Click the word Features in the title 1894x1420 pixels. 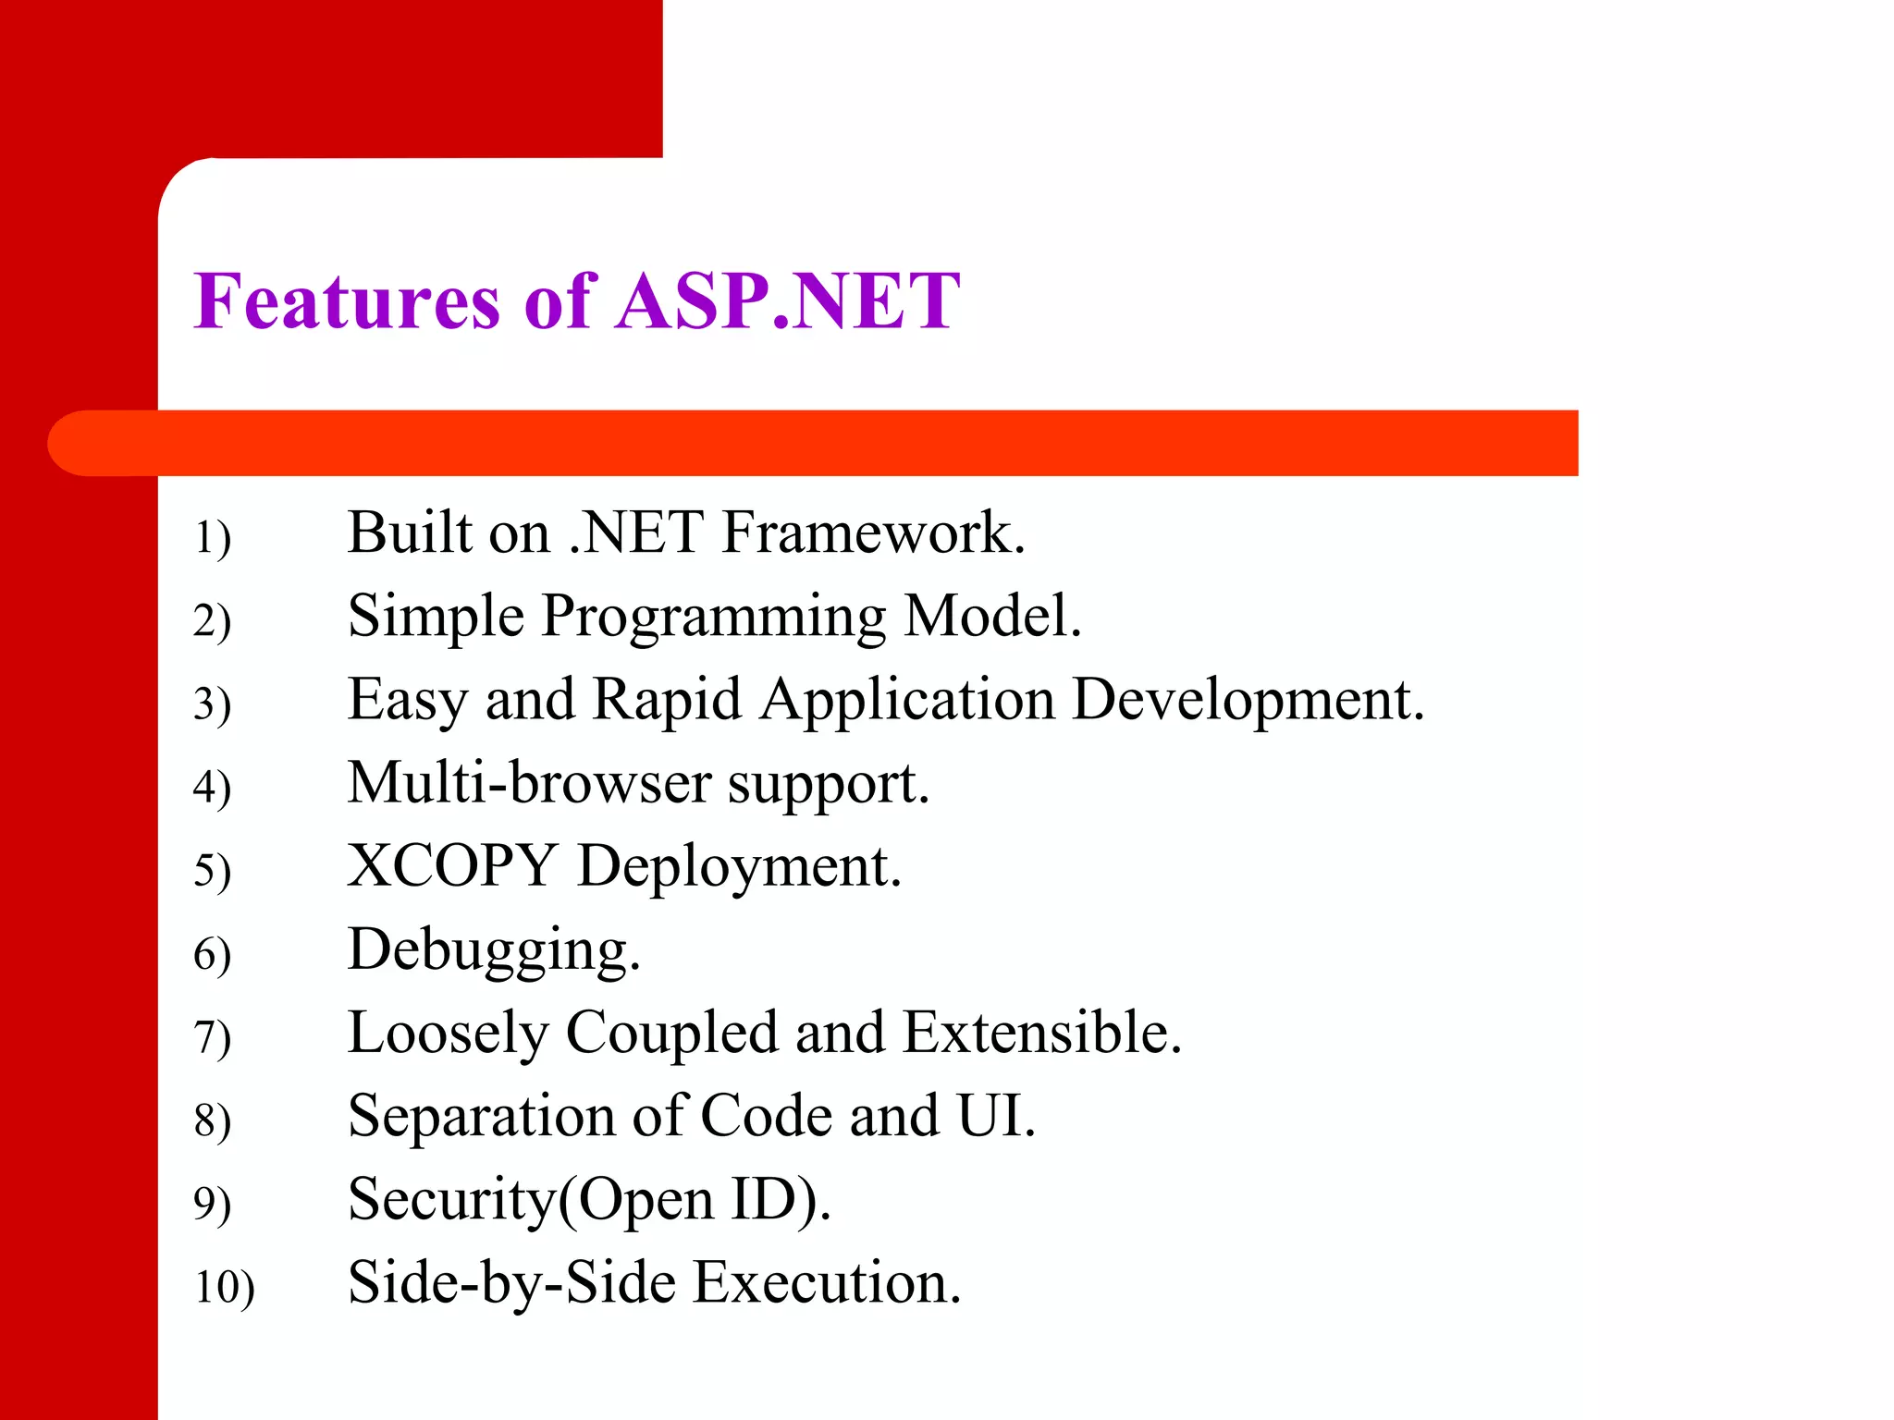click(347, 301)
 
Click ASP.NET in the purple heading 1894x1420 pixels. click(789, 301)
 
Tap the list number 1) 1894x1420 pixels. click(212, 537)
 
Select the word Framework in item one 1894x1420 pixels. click(873, 533)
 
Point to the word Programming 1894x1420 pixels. click(713, 618)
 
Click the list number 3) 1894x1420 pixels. click(212, 704)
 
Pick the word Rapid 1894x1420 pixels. click(667, 699)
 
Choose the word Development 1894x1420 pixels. click(1248, 701)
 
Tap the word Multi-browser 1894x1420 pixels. click(529, 783)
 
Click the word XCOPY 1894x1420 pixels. click(451, 866)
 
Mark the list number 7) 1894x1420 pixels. click(212, 1037)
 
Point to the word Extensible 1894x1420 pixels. click(1042, 1033)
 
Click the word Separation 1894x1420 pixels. click(481, 1117)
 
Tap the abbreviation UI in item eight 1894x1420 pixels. click(995, 1116)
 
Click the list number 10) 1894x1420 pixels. click(224, 1287)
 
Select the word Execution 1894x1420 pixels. click(828, 1283)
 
